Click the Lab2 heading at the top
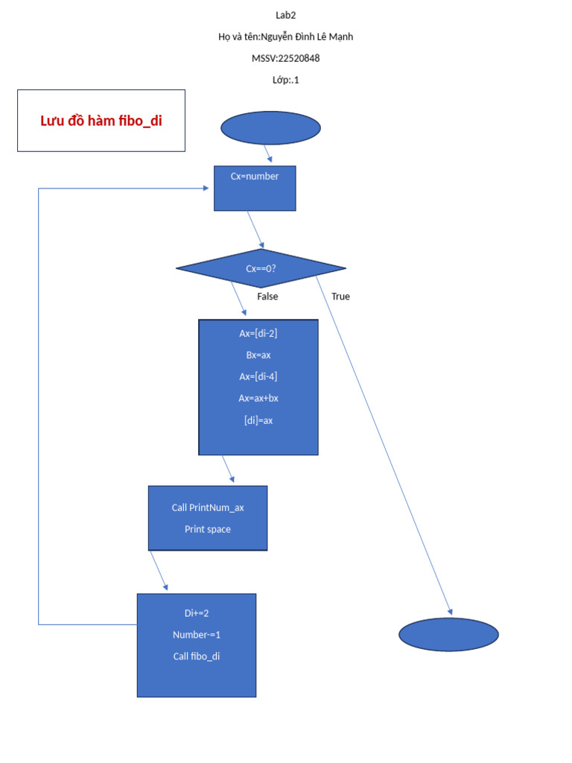point(285,15)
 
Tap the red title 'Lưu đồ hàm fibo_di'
point(101,121)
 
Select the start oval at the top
point(270,128)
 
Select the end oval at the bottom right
point(448,635)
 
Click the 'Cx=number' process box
point(255,188)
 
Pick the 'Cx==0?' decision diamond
point(261,268)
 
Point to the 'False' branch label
point(267,297)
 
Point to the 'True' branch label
point(340,297)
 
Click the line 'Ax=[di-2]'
point(258,333)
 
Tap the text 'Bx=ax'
point(258,355)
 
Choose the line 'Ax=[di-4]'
point(258,376)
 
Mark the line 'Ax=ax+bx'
point(258,398)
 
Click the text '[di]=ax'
point(258,420)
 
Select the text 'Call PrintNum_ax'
point(208,507)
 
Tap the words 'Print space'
point(208,529)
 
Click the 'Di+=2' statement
point(197,613)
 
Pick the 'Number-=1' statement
point(197,635)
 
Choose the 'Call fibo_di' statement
point(197,656)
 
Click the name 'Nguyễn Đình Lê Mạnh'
point(308,37)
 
